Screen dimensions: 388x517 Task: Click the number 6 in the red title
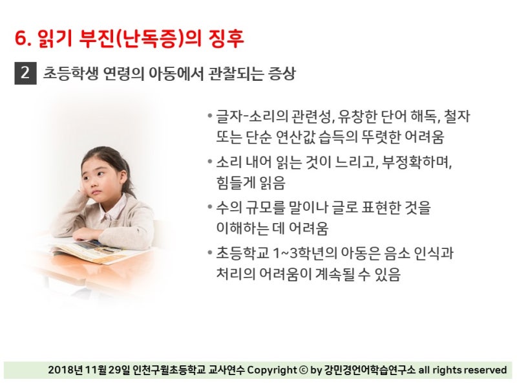[21, 38]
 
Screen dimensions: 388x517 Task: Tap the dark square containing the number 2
[25, 73]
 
